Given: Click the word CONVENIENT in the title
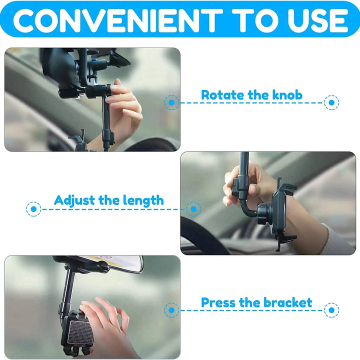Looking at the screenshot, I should coord(116,19).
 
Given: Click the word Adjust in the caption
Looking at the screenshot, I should coord(74,200).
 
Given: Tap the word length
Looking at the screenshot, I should coord(142,200).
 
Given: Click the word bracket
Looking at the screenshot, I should coord(286,302).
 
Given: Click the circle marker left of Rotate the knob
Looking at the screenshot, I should coord(172,103).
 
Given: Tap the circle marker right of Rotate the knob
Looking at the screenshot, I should coord(331,103).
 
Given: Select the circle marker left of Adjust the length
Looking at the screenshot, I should coord(33,209).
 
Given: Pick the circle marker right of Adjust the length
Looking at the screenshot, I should coord(193,209).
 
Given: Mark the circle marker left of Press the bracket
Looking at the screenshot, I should coord(172,310).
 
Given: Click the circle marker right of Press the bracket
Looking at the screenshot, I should coord(331,310).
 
